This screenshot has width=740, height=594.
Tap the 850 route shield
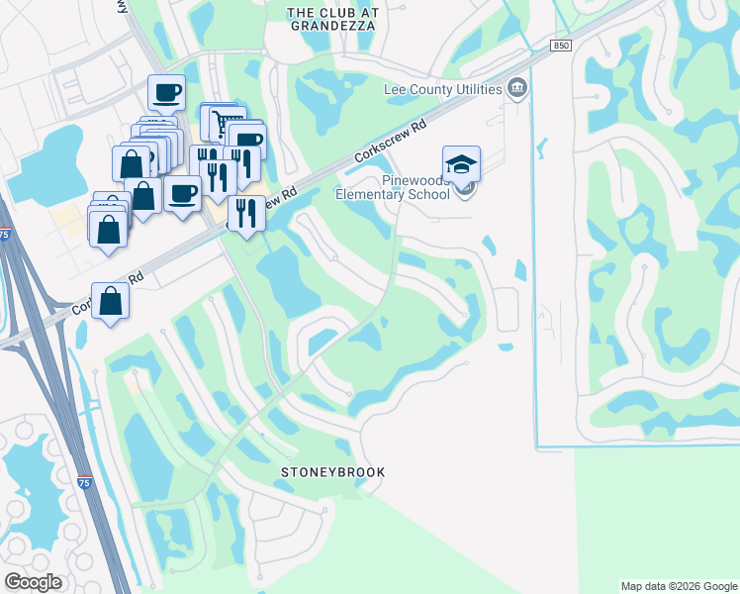pos(562,46)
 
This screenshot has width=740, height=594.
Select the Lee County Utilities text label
pos(442,89)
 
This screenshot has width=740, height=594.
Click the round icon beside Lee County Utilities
pos(516,89)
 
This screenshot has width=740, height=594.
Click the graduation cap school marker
pos(461,164)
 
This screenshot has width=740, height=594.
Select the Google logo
pos(32,582)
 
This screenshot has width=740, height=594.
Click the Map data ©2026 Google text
pos(678,586)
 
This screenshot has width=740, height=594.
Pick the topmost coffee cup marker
pos(166,93)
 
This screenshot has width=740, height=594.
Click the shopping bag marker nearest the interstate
pos(111,301)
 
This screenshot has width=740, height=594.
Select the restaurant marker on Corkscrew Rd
pos(245,213)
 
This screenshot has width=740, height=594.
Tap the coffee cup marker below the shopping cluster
pos(182,195)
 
